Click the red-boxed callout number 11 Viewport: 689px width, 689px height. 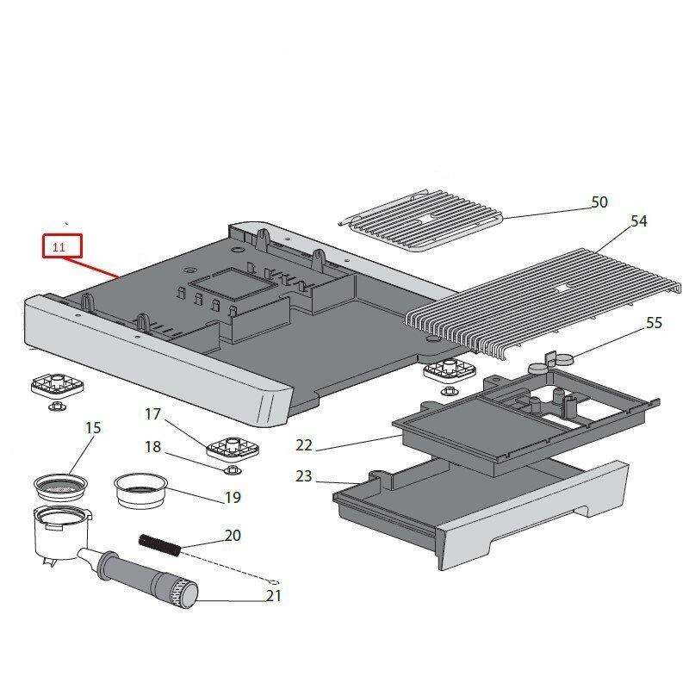point(59,247)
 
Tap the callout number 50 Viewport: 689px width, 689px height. point(599,202)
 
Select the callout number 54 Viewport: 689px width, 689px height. point(638,221)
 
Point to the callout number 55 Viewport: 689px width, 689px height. point(655,323)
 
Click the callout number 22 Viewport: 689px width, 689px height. point(304,445)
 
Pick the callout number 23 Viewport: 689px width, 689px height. point(304,475)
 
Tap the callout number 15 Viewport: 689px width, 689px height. point(93,427)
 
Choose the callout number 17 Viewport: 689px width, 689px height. point(152,414)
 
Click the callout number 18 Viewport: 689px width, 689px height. point(152,446)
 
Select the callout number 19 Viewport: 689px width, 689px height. point(232,497)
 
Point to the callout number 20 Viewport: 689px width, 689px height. point(233,535)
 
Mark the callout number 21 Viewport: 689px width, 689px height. point(274,595)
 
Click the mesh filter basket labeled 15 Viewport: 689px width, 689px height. point(61,487)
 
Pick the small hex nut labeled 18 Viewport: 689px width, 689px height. point(230,470)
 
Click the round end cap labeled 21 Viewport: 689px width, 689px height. point(183,594)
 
